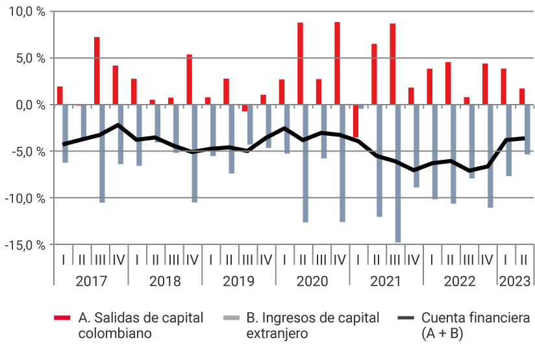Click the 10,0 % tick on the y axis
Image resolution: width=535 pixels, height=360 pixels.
point(26,12)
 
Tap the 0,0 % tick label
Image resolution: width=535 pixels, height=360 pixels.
point(29,105)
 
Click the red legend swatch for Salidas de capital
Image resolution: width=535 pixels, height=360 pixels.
point(62,318)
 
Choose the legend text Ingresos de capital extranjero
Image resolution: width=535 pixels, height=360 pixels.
point(312,326)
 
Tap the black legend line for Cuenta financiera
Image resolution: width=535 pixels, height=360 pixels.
point(405,318)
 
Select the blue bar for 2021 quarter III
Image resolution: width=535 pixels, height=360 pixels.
point(398,173)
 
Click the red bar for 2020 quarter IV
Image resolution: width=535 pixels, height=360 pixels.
point(337,63)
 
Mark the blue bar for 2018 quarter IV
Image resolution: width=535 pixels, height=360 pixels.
point(195,153)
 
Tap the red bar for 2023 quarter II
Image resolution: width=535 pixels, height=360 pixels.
point(522,96)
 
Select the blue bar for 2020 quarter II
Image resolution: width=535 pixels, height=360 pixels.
point(306,163)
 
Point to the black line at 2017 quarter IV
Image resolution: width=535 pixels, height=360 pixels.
point(118,124)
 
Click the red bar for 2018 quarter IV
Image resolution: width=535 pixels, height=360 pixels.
point(189,79)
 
